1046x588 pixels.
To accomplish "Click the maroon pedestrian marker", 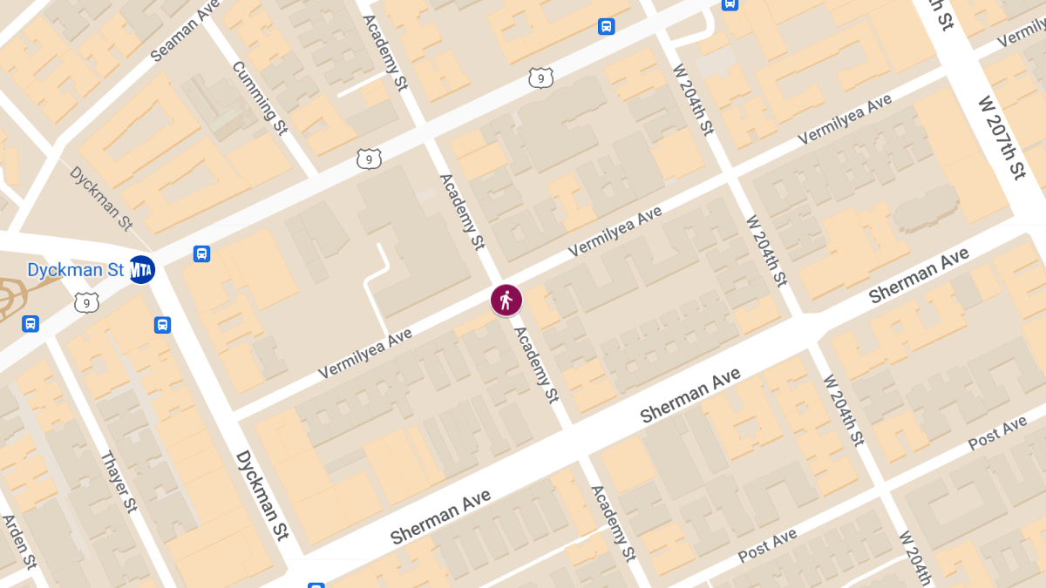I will pyautogui.click(x=506, y=300).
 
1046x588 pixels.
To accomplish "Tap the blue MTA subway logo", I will pyautogui.click(x=141, y=269).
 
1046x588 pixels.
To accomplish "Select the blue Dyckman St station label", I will pyautogui.click(x=76, y=270).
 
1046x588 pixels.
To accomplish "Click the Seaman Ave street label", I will pyautogui.click(x=184, y=37).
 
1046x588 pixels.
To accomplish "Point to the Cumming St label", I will pyautogui.click(x=259, y=98).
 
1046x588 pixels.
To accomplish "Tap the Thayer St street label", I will pyautogui.click(x=119, y=481).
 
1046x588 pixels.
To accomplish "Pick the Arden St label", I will pyautogui.click(x=19, y=540).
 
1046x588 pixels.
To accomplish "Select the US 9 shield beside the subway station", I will pyautogui.click(x=86, y=302).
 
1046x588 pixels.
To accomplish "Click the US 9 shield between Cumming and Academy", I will pyautogui.click(x=369, y=159).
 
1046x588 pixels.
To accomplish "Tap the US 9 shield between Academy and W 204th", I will pyautogui.click(x=540, y=78).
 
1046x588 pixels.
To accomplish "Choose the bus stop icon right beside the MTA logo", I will pyautogui.click(x=201, y=254).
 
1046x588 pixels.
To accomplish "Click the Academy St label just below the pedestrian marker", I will pyautogui.click(x=535, y=364).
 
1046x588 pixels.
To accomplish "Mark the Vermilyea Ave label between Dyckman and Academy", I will pyautogui.click(x=364, y=353).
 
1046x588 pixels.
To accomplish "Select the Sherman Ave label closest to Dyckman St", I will pyautogui.click(x=441, y=517).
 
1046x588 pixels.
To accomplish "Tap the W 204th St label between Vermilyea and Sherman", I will pyautogui.click(x=766, y=251).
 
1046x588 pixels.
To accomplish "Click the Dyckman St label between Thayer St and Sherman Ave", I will pyautogui.click(x=261, y=494).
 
